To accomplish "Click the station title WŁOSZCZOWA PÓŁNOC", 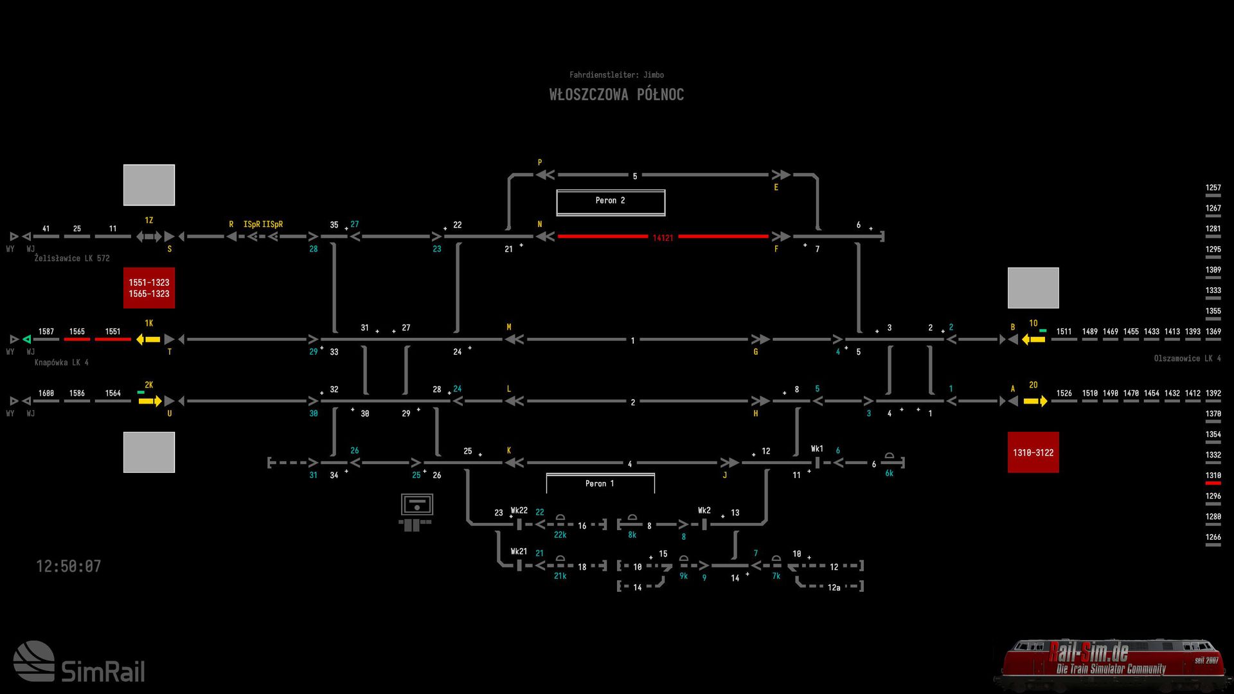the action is (x=616, y=94).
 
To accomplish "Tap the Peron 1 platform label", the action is (x=600, y=483).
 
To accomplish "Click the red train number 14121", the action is (x=663, y=238).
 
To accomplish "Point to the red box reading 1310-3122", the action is (x=1033, y=452).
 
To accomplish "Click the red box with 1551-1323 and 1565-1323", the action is (x=149, y=288).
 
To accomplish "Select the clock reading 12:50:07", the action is (x=68, y=566).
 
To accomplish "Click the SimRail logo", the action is (x=79, y=662).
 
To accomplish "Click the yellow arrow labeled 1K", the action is (x=148, y=339).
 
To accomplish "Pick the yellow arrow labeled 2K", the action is (x=150, y=401).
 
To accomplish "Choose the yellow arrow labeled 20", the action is (x=1035, y=401).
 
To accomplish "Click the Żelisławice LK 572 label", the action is (x=72, y=258).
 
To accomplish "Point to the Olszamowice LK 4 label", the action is (x=1187, y=359).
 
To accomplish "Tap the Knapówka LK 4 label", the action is (x=62, y=362).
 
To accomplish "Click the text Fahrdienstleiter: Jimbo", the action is (x=616, y=75).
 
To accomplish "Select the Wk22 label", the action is (x=519, y=510).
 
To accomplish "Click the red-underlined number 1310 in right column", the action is (x=1213, y=476).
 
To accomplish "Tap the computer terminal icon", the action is (x=416, y=512).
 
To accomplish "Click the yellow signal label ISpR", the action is (x=251, y=224).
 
